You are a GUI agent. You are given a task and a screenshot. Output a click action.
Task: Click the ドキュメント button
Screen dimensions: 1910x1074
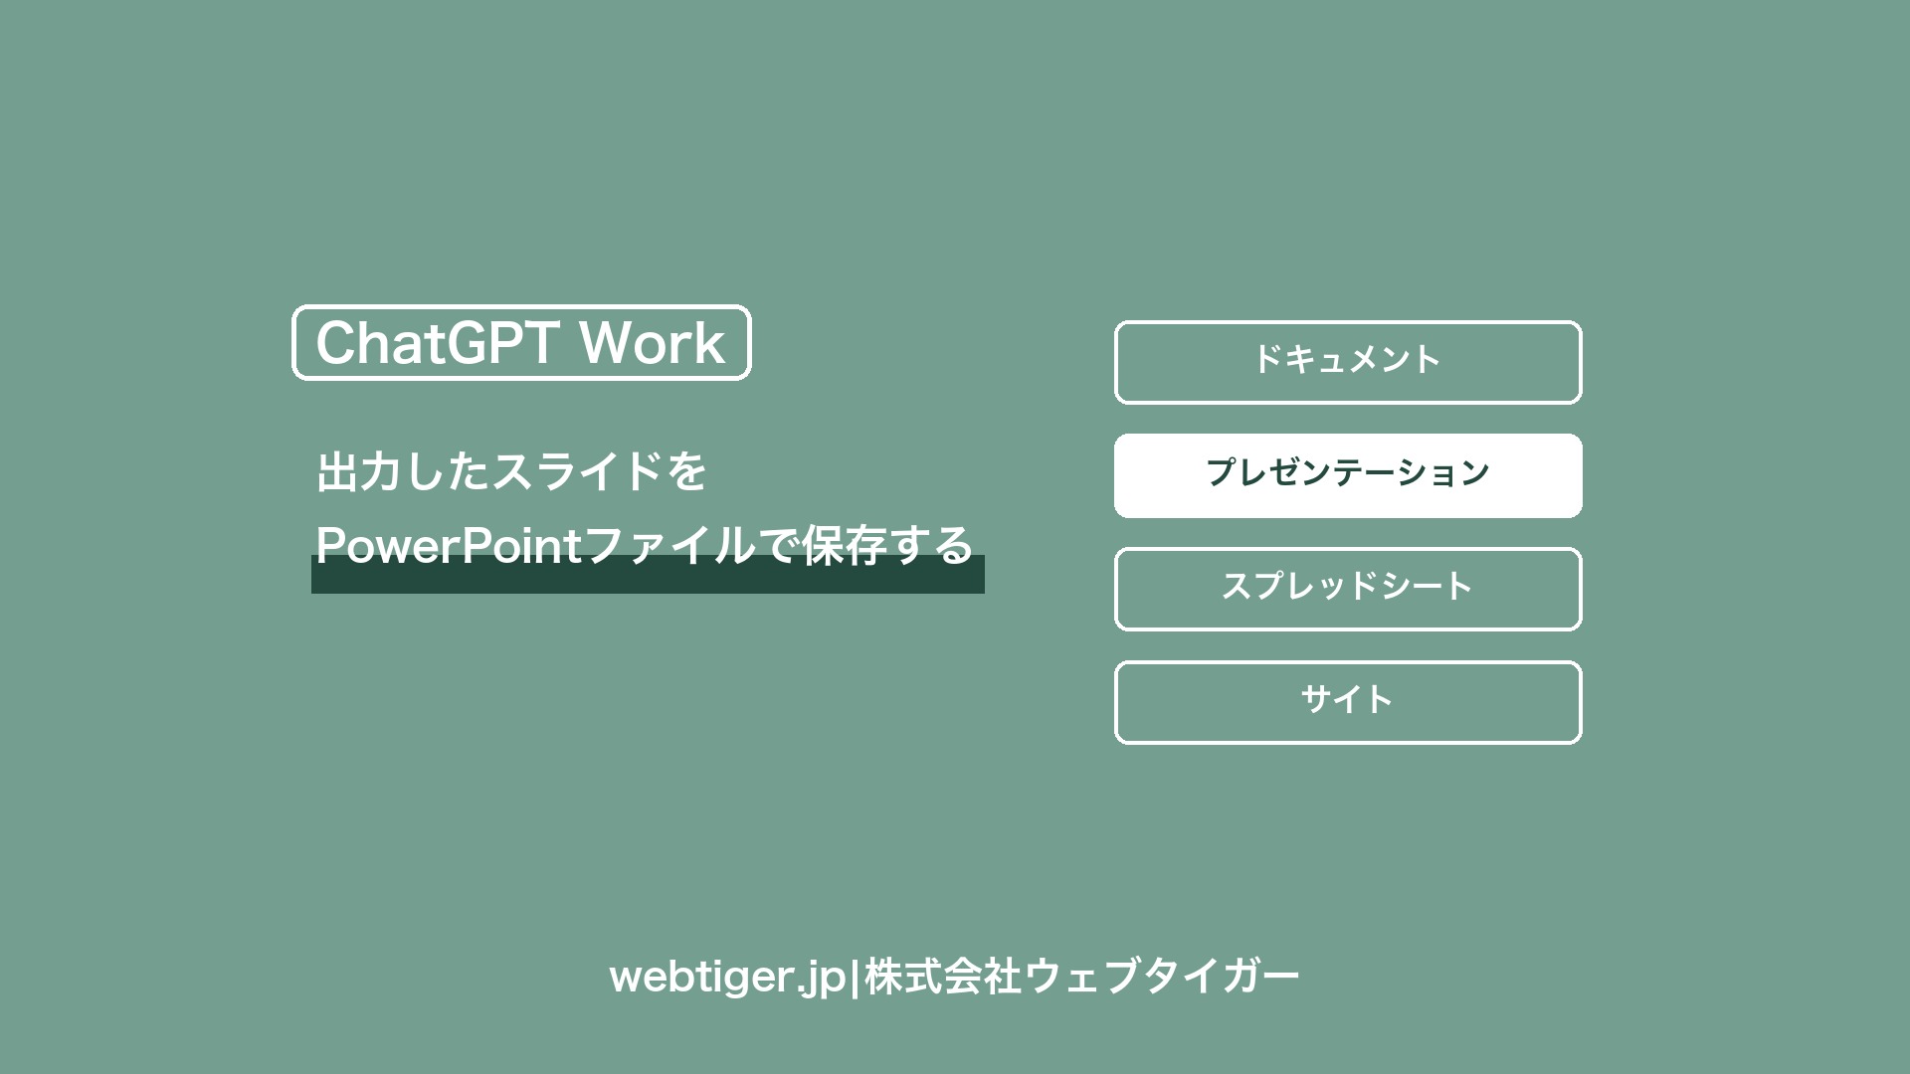(1348, 362)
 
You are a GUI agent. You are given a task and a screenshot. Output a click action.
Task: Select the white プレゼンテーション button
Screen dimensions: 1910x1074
(1348, 475)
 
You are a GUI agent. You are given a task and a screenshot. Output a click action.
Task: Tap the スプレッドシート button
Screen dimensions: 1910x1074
(1348, 589)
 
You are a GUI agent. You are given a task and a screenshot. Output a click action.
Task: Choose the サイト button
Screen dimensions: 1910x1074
(1348, 702)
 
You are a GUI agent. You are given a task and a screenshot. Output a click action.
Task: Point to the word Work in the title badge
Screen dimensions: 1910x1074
(653, 343)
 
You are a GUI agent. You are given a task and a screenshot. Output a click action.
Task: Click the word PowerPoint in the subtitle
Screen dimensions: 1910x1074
(449, 545)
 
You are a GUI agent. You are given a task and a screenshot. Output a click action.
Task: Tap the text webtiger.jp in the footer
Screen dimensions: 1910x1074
(727, 977)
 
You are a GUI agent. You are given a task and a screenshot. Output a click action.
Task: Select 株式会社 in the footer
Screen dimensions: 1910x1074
(943, 977)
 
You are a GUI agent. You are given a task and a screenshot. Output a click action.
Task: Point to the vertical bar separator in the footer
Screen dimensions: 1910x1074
(855, 977)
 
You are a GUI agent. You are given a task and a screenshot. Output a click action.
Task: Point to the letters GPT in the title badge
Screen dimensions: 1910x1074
(501, 343)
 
